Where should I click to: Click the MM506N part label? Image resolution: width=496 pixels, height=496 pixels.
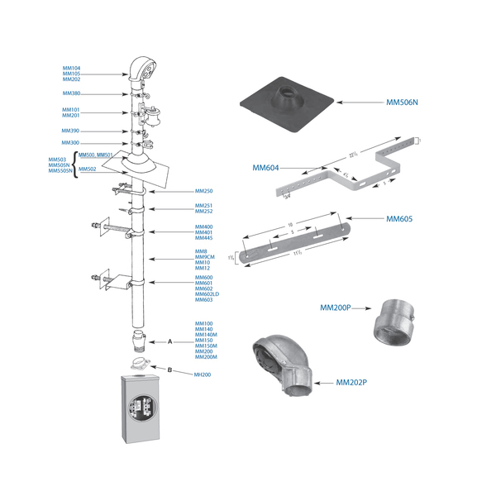pyautogui.click(x=403, y=103)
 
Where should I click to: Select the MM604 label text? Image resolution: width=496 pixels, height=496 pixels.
pyautogui.click(x=265, y=167)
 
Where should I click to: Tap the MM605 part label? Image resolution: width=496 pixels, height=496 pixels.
pyautogui.click(x=400, y=220)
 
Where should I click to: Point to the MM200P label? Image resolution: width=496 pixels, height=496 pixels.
pyautogui.click(x=335, y=308)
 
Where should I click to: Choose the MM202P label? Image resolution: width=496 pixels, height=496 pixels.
pyautogui.click(x=352, y=384)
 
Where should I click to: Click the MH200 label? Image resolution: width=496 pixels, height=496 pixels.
pyautogui.click(x=203, y=374)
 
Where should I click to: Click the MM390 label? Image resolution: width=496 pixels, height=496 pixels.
pyautogui.click(x=70, y=131)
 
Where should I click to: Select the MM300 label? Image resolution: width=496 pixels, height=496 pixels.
pyautogui.click(x=70, y=143)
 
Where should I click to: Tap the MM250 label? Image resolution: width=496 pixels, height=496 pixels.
pyautogui.click(x=203, y=191)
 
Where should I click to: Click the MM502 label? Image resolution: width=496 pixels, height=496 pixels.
pyautogui.click(x=88, y=169)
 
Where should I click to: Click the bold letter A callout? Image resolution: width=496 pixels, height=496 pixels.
pyautogui.click(x=169, y=341)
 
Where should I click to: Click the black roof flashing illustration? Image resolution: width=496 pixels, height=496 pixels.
pyautogui.click(x=286, y=103)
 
